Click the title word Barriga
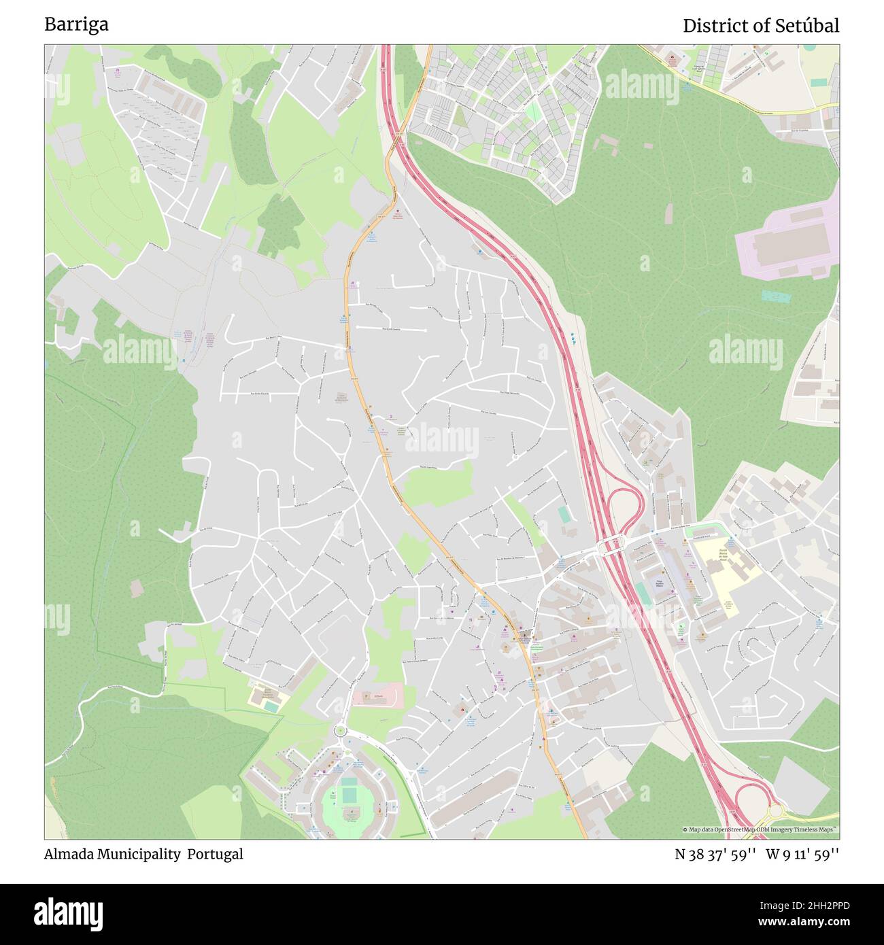(x=76, y=24)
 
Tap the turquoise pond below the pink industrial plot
(x=776, y=297)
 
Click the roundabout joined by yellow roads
(x=775, y=811)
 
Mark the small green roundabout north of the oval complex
(x=339, y=731)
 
